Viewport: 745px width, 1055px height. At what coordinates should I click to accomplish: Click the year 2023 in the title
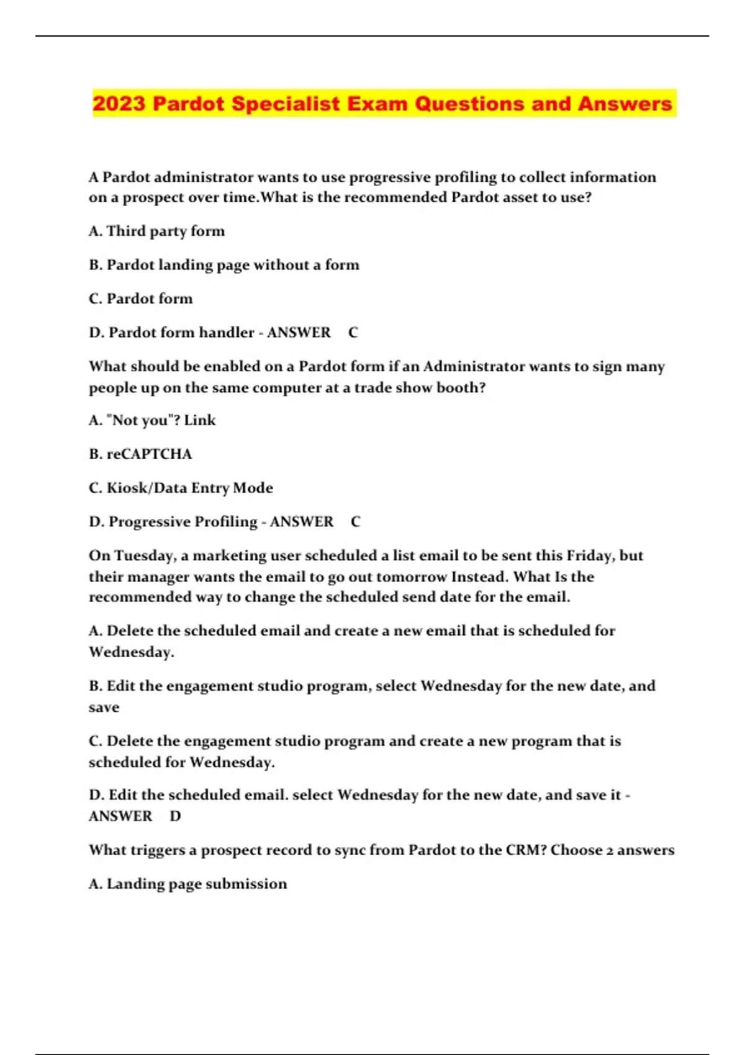coord(119,104)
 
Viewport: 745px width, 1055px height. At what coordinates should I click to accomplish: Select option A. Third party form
coord(156,231)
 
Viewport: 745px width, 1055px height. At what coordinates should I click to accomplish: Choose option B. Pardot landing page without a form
coord(223,265)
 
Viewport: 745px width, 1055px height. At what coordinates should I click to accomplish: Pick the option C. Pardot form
coord(140,299)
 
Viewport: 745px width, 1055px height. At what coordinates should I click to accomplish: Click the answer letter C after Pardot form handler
coord(353,333)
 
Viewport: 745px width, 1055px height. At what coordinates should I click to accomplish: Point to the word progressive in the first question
coord(389,177)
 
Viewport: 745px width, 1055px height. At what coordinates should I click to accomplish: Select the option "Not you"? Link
coord(152,420)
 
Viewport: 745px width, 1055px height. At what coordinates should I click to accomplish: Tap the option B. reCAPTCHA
coord(140,454)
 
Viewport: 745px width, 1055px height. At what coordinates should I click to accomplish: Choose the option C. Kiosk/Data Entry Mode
coord(181,488)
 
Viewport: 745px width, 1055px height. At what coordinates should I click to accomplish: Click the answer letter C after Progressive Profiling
coord(355,522)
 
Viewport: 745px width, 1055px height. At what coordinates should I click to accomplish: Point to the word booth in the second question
coord(459,388)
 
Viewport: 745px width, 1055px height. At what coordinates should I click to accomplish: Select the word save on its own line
coord(104,707)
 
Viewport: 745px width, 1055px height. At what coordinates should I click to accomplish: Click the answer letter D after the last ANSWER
coord(175,816)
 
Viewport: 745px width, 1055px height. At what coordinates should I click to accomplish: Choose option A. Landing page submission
coord(187,884)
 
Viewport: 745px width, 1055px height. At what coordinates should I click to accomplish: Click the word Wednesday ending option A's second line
coord(130,652)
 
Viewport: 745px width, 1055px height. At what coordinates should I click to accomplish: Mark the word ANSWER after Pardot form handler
coord(299,333)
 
